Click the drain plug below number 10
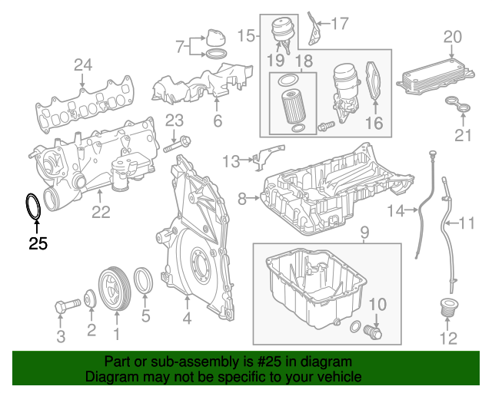tap(374, 333)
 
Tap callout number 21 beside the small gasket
tap(461, 137)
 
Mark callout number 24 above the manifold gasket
tap(83, 66)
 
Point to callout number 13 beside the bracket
tap(231, 161)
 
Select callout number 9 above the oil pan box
tap(364, 232)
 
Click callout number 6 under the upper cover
tap(217, 121)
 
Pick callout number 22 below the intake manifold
tap(101, 212)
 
